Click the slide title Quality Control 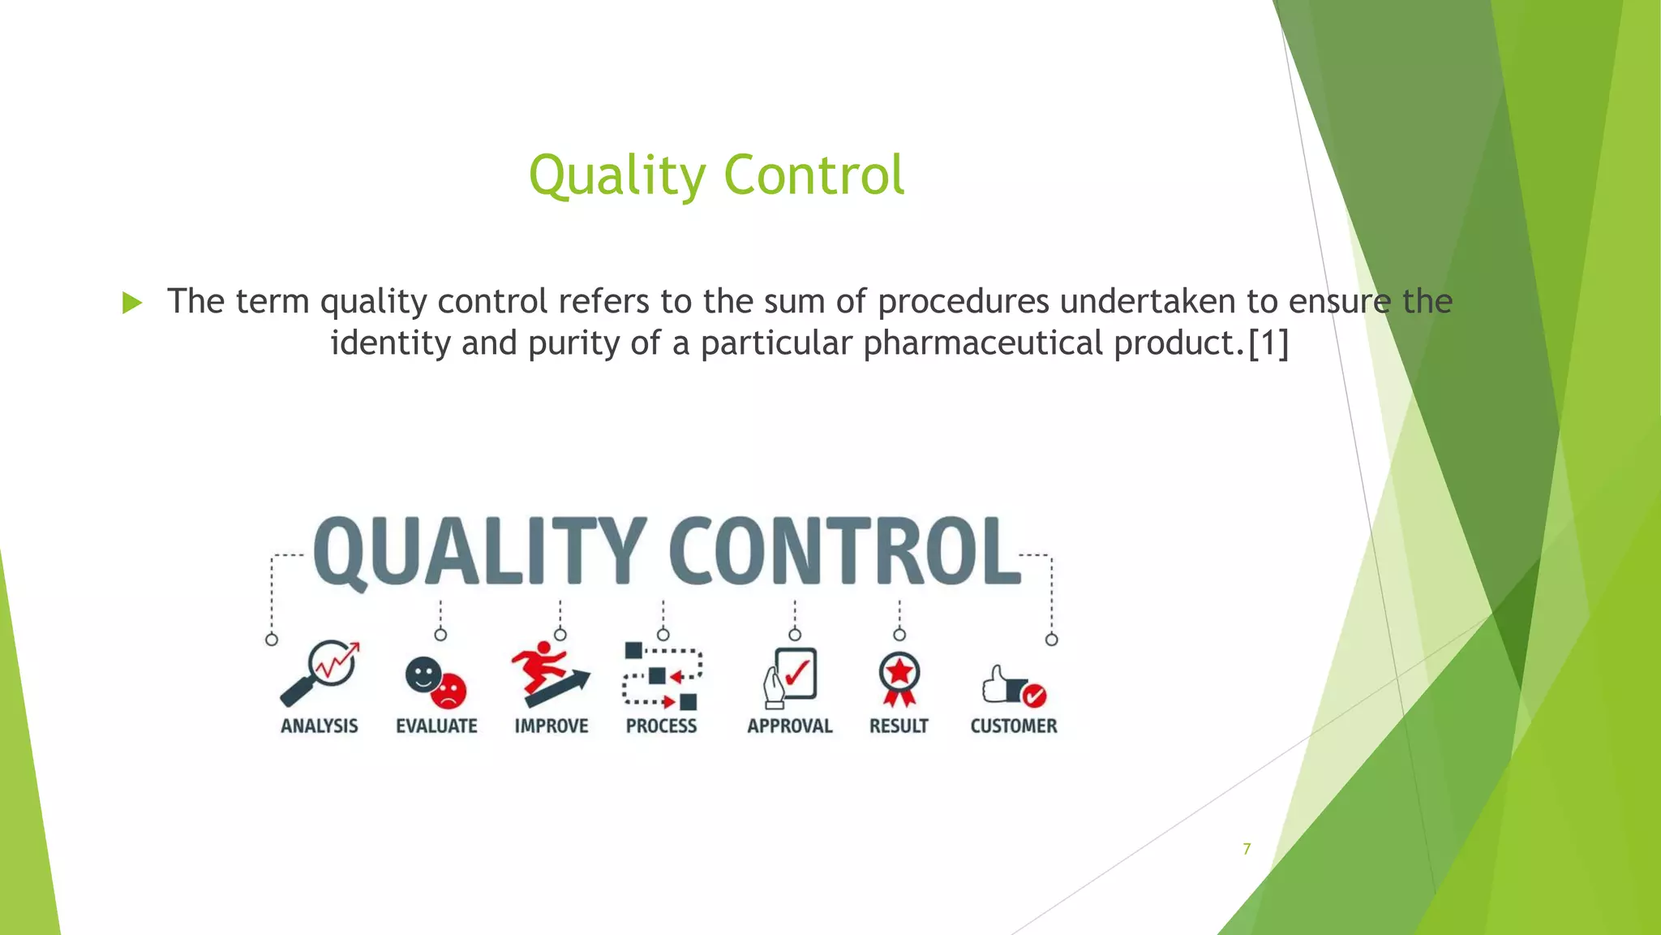pyautogui.click(x=716, y=175)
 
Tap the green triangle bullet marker pyautogui.click(x=132, y=304)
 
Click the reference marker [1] pyautogui.click(x=1268, y=343)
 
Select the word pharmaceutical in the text pyautogui.click(x=982, y=343)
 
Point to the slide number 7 pyautogui.click(x=1247, y=849)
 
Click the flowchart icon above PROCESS pyautogui.click(x=662, y=675)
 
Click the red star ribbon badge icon pyautogui.click(x=899, y=678)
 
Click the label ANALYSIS pyautogui.click(x=320, y=726)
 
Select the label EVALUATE pyautogui.click(x=436, y=726)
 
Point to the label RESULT pyautogui.click(x=899, y=726)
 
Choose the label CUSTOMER pyautogui.click(x=1014, y=726)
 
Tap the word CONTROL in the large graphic pyautogui.click(x=843, y=552)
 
